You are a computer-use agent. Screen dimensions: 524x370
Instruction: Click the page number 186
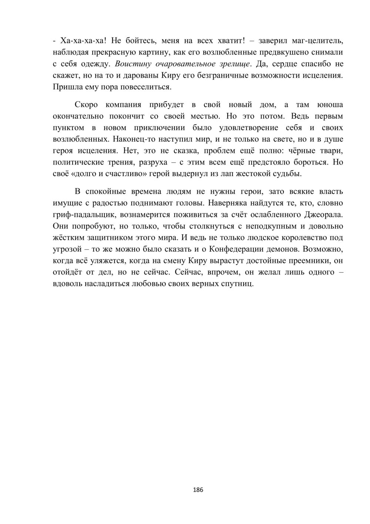tap(198, 490)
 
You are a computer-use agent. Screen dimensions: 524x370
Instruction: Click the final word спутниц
tap(238, 284)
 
